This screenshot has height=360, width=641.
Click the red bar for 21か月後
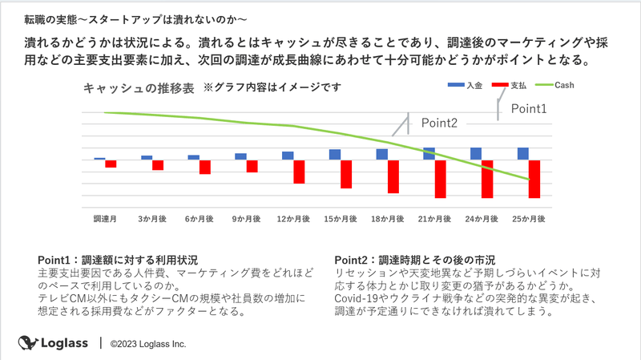coord(440,179)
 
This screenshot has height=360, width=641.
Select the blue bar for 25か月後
coord(522,154)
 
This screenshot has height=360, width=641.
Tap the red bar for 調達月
coord(111,164)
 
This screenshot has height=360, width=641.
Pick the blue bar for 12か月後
coord(288,156)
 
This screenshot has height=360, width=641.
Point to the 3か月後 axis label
coord(152,218)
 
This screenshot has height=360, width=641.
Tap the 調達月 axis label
coord(105,218)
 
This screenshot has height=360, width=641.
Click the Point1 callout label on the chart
coord(529,108)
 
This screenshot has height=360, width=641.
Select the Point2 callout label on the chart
coord(439,123)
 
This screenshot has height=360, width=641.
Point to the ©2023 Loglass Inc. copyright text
coord(148,344)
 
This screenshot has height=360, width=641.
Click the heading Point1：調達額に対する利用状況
coord(118,260)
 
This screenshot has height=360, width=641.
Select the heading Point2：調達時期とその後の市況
coord(414,260)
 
